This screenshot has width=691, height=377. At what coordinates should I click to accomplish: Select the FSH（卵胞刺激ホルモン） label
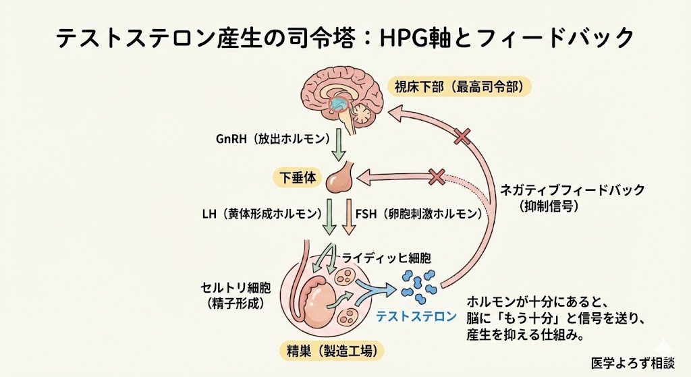[x=419, y=214]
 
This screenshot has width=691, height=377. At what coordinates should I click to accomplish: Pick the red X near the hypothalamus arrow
[x=462, y=138]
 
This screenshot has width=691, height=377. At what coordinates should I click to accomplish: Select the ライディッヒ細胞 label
[x=386, y=258]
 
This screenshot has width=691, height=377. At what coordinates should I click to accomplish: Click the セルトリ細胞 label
[x=235, y=289]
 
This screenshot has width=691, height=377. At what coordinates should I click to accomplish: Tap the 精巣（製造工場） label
[x=332, y=351]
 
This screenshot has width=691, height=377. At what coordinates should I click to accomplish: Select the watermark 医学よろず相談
[x=632, y=361]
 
